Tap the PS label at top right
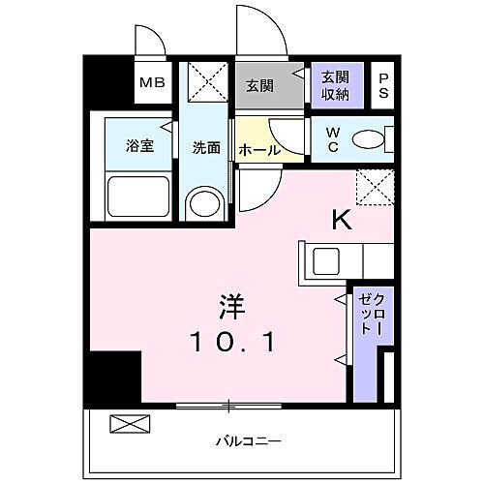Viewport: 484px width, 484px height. tap(383, 84)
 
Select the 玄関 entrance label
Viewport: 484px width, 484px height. tap(258, 85)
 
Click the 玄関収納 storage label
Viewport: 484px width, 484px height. tap(336, 84)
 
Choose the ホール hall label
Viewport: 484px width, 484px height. tap(258, 150)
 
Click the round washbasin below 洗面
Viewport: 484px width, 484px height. tap(205, 204)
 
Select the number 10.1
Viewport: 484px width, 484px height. tap(234, 342)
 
